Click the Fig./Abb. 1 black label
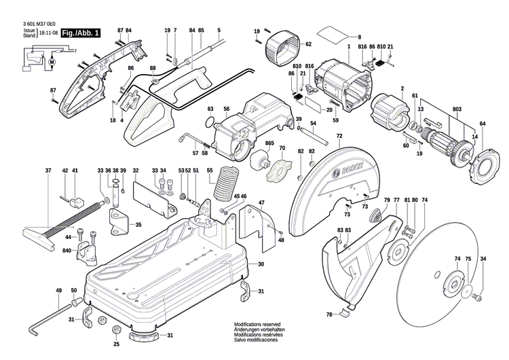pos(80,33)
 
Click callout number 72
pos(338,137)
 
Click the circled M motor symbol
pos(51,62)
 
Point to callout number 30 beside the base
pos(261,264)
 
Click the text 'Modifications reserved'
pos(257,325)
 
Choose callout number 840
pos(67,251)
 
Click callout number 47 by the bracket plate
pos(261,202)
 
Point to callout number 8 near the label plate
pos(359,37)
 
